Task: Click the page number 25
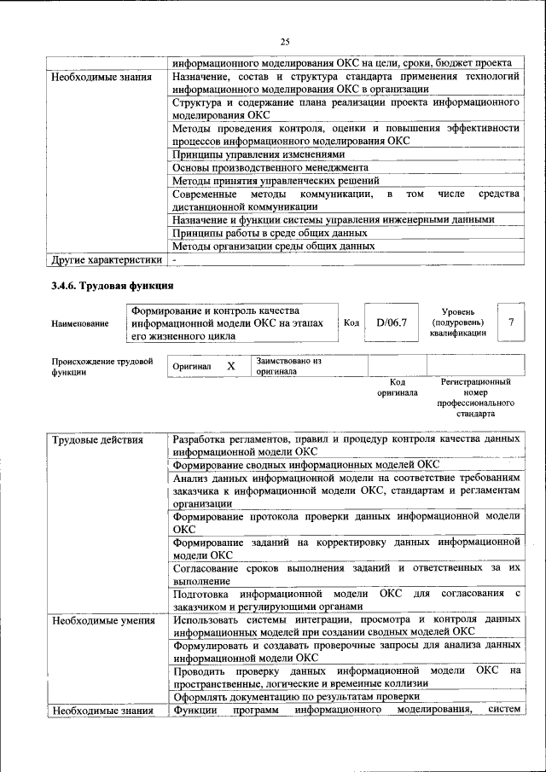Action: [x=285, y=41]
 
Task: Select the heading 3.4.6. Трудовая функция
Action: [x=111, y=284]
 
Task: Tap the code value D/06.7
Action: [x=392, y=322]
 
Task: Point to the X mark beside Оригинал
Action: [x=230, y=366]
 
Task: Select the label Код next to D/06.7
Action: [x=351, y=322]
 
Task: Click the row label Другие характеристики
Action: [x=105, y=258]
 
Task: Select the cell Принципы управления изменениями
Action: [x=258, y=154]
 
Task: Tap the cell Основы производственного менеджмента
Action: [x=270, y=167]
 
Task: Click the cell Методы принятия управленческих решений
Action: [x=276, y=180]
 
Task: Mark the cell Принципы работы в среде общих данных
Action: [x=270, y=232]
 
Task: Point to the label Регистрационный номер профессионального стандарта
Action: [x=475, y=398]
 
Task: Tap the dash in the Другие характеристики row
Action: [x=174, y=258]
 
